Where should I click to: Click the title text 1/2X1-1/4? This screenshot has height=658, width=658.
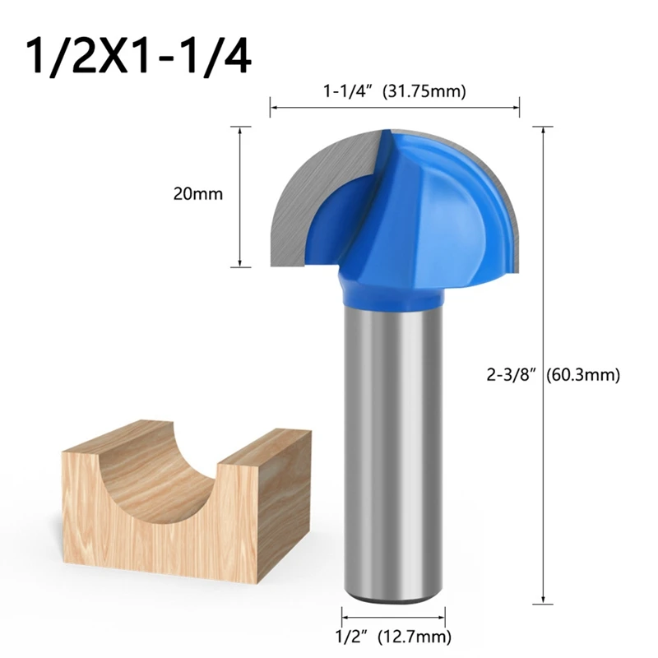pyautogui.click(x=137, y=56)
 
